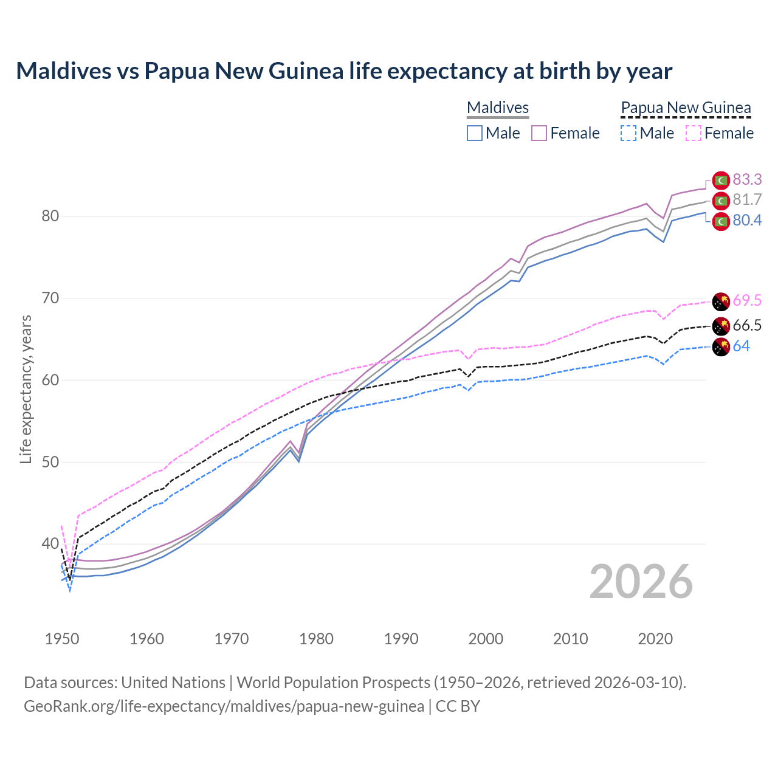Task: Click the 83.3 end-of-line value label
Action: click(747, 179)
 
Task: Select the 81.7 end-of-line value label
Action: click(747, 200)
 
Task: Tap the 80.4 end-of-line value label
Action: click(747, 220)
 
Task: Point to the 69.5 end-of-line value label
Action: click(747, 300)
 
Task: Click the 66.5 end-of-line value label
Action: click(747, 326)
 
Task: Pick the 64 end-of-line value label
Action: click(741, 346)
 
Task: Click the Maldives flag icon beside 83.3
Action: click(721, 181)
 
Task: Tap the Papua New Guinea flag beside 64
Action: click(721, 348)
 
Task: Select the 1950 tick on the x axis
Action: click(62, 639)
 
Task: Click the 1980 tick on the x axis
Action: click(317, 639)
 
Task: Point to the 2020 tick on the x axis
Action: click(655, 639)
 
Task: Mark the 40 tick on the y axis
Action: click(50, 543)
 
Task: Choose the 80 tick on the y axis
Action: click(50, 216)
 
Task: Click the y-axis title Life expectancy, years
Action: click(26, 389)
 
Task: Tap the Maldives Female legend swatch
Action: click(539, 133)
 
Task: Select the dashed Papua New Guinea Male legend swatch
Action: click(628, 133)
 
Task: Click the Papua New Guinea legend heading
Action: click(686, 108)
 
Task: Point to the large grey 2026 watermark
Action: click(641, 582)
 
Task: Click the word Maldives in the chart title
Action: click(60, 71)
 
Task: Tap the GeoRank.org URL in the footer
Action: click(224, 706)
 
